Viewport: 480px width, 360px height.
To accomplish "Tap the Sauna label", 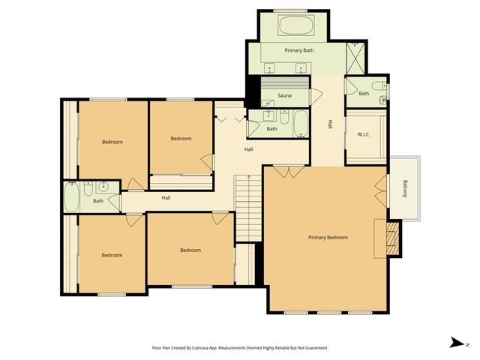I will click(284, 95).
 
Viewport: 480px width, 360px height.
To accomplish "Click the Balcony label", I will click(405, 190).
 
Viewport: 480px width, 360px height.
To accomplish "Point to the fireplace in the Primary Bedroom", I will click(391, 237).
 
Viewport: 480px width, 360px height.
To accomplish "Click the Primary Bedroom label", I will click(328, 237).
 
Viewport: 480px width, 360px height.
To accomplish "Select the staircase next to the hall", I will click(247, 208).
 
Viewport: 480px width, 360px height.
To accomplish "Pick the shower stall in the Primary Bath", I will click(354, 55).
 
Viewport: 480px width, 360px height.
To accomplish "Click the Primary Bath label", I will click(298, 50).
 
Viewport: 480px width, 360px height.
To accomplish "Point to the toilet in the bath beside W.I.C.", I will click(384, 99).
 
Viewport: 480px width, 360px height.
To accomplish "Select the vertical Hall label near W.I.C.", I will click(329, 125).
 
